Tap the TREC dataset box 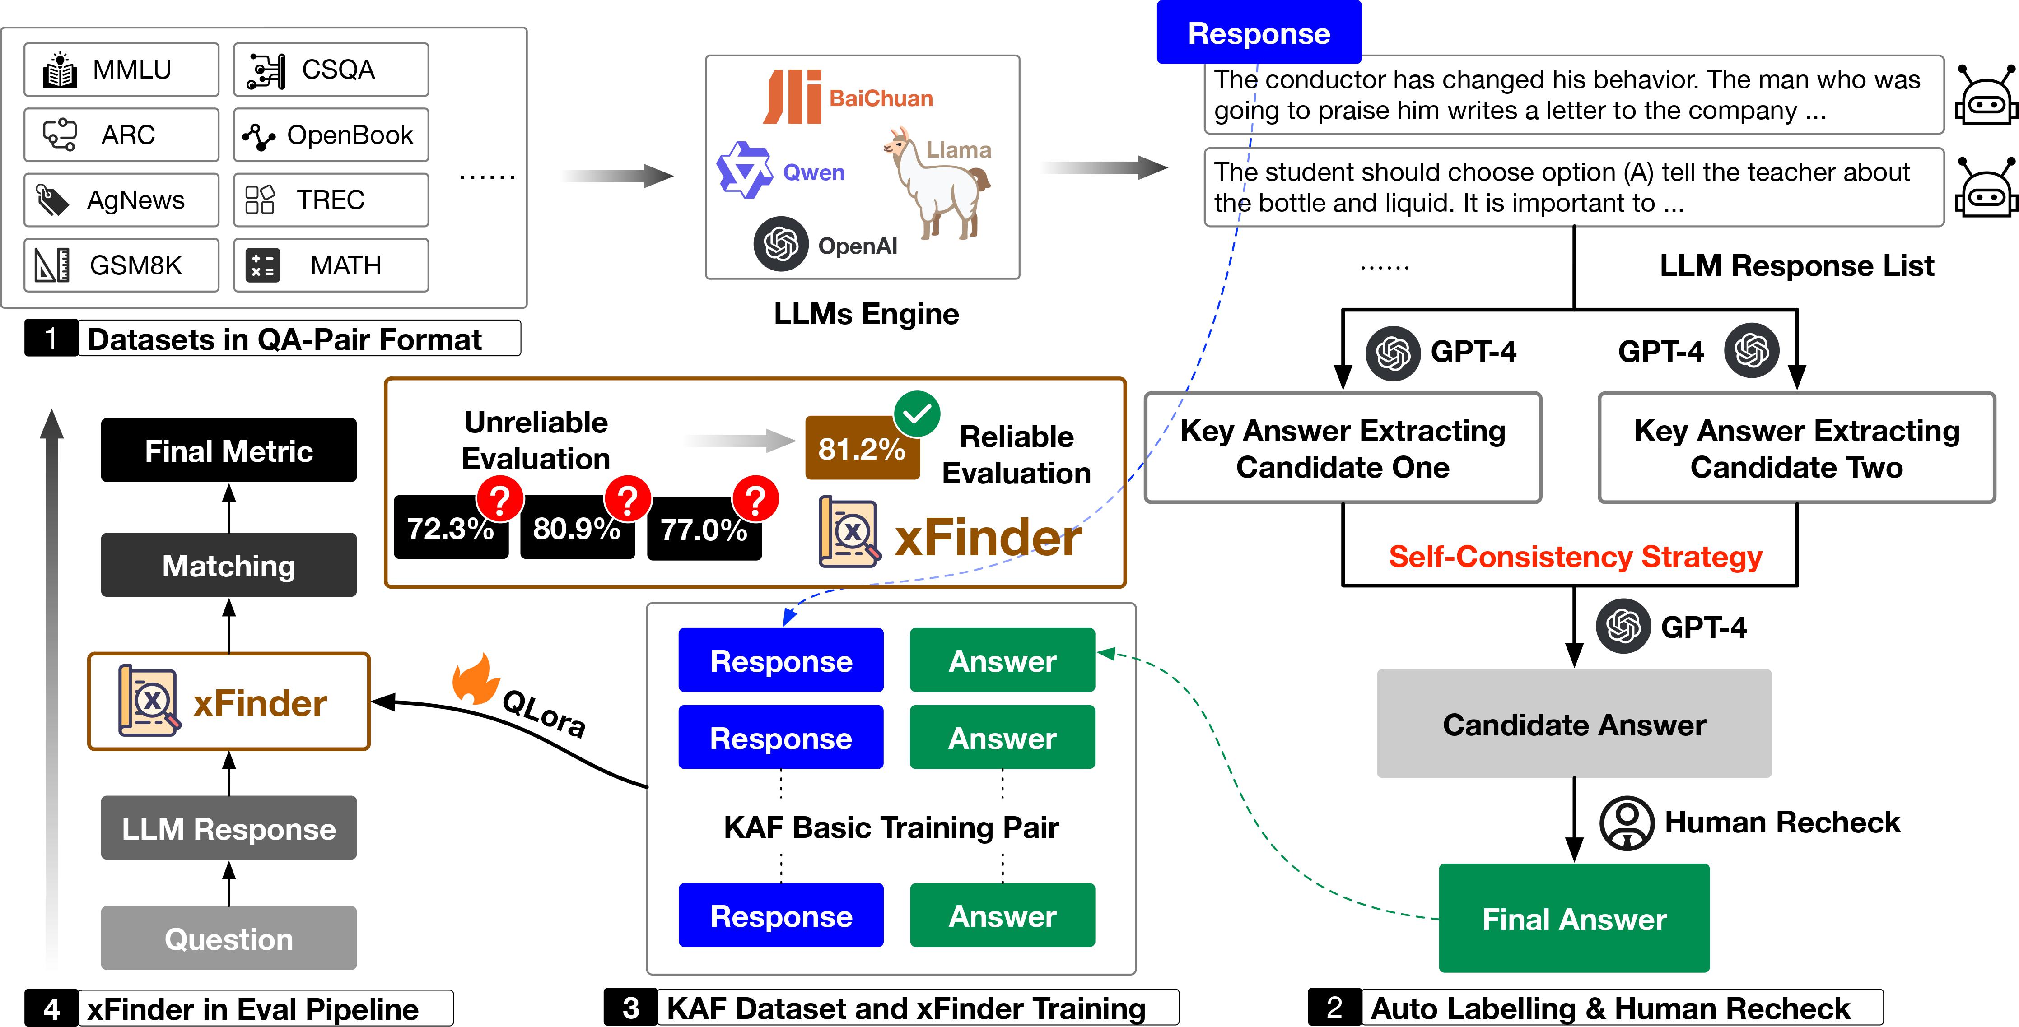[x=330, y=200]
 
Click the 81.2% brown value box [x=861, y=449]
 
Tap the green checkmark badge [x=917, y=414]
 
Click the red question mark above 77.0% [x=755, y=499]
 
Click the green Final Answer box [x=1574, y=918]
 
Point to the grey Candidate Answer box [x=1574, y=724]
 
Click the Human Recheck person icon [x=1626, y=823]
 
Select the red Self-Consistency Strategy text [x=1576, y=557]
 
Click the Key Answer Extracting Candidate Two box [x=1796, y=448]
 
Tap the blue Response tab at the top [x=1259, y=33]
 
